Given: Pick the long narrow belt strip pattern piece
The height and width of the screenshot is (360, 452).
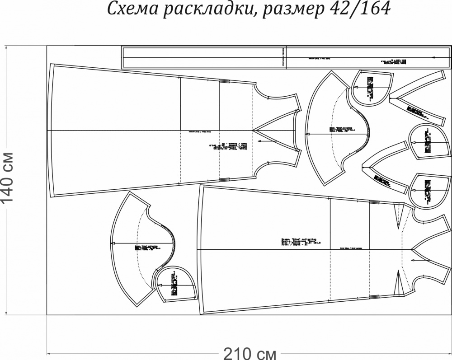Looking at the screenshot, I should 203,57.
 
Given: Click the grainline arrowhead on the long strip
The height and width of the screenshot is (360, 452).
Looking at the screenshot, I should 433,57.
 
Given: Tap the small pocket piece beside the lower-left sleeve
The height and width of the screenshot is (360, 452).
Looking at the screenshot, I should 174,285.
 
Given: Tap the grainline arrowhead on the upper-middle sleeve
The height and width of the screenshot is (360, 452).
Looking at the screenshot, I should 307,134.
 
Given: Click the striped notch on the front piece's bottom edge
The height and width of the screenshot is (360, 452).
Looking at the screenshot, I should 374,297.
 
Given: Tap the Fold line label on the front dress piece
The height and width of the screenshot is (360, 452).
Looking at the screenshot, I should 353,248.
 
